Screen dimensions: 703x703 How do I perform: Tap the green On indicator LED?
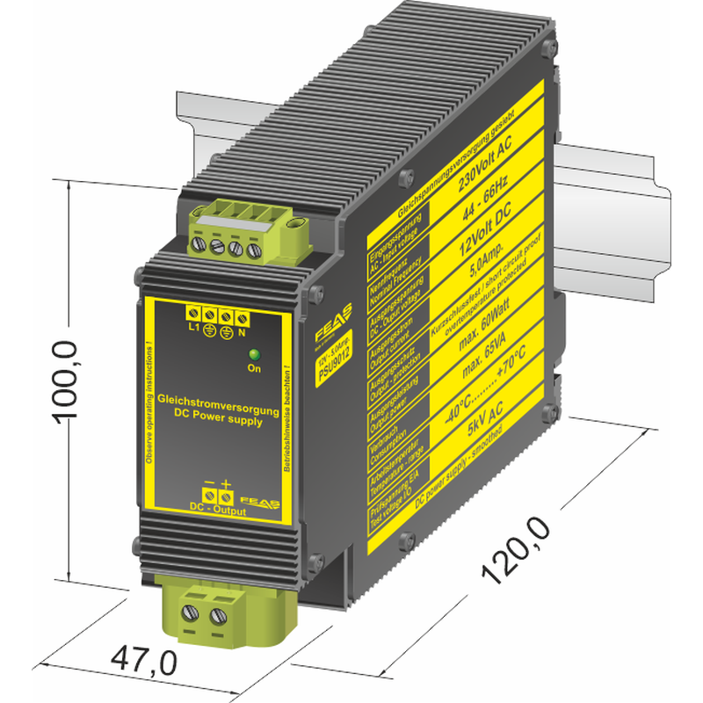point(255,354)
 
